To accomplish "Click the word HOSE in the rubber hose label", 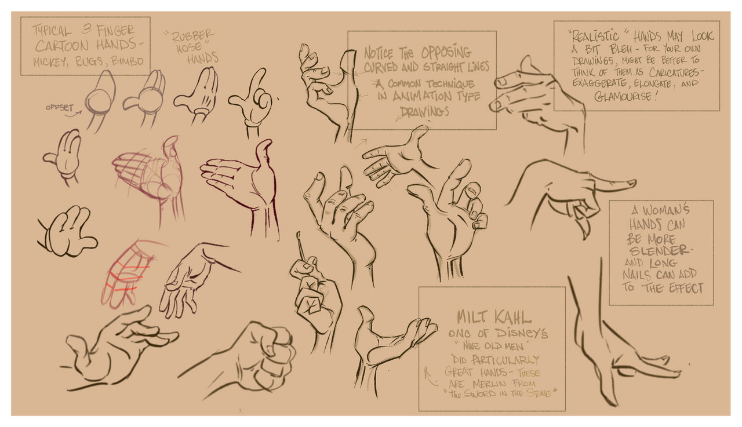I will [188, 48].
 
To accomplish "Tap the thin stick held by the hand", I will [300, 246].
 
